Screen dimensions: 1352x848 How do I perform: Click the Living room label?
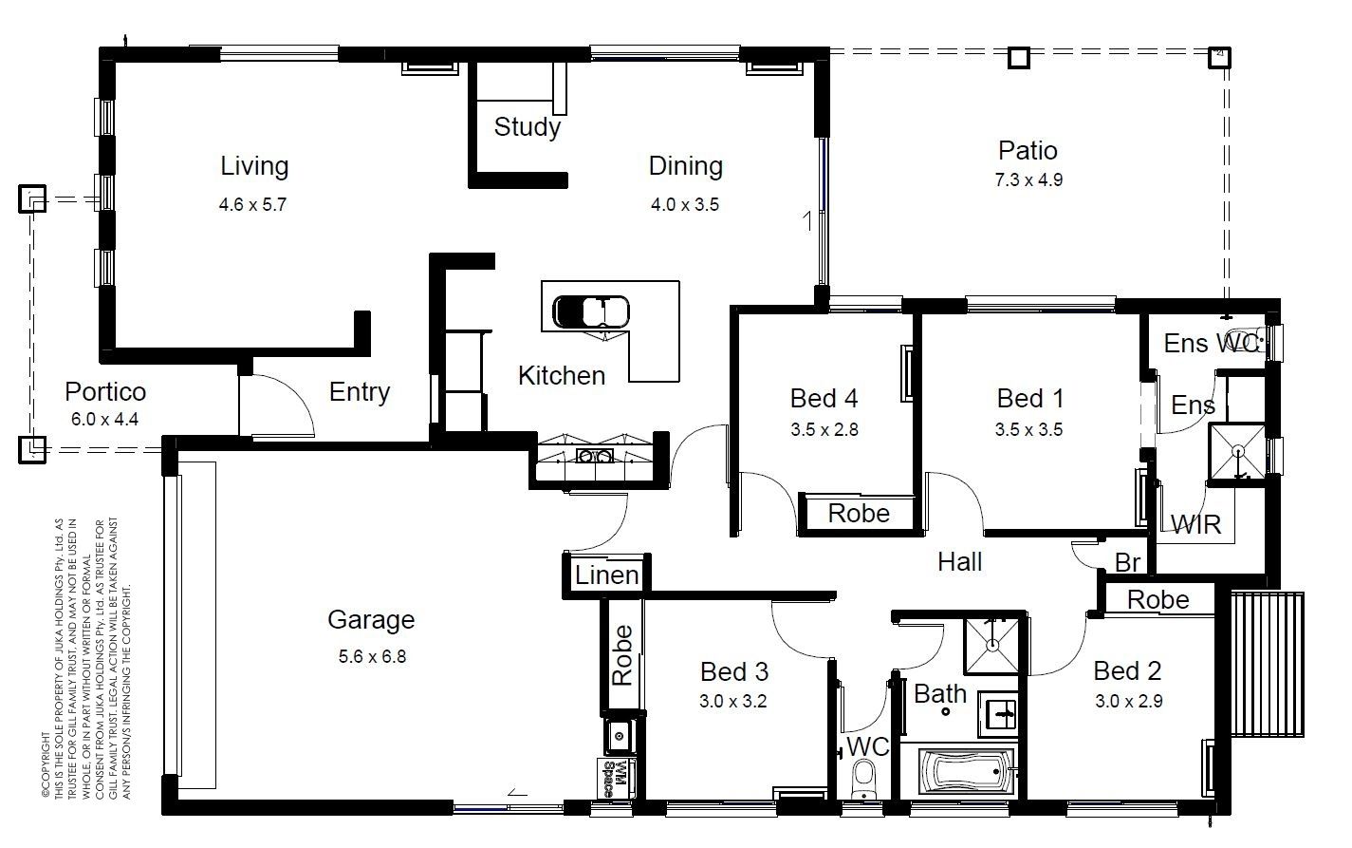254,166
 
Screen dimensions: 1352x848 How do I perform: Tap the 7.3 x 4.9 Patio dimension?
1028,180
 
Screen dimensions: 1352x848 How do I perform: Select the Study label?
527,127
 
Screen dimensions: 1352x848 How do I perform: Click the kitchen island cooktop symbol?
591,311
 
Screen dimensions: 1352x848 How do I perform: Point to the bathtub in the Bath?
966,771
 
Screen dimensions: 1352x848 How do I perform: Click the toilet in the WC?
863,779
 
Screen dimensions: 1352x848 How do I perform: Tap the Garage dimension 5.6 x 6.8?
372,656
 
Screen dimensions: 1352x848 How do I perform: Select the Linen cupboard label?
606,575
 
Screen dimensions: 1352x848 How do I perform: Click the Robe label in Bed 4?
859,514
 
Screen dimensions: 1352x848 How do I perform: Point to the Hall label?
959,562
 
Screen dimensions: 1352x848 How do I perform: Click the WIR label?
1195,524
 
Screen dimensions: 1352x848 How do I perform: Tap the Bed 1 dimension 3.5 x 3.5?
1028,429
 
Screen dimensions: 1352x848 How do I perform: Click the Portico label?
105,391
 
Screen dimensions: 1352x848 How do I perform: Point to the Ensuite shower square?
1237,451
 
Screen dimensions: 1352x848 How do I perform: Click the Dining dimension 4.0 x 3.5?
684,205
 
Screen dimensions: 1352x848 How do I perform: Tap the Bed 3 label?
734,671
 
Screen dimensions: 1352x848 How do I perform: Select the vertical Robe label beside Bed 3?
622,655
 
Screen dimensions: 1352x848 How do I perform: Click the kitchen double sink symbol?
595,456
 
